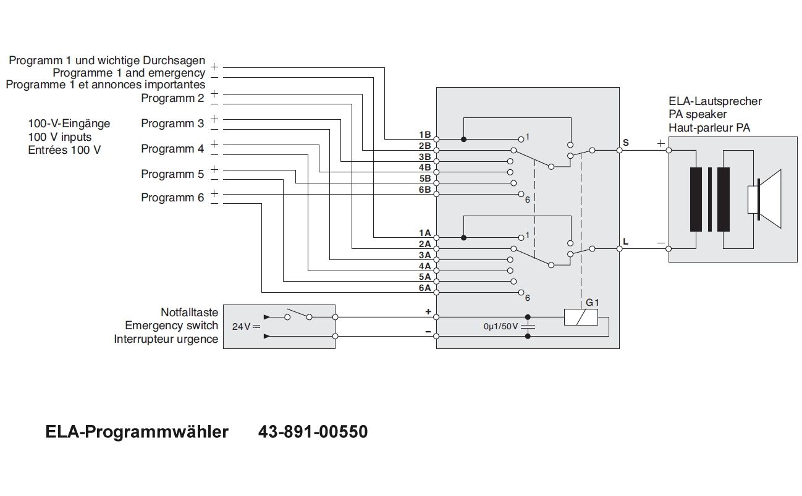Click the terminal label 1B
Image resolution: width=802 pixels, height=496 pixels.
424,135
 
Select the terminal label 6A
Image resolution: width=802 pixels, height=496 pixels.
424,288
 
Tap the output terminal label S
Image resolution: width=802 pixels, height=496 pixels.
626,143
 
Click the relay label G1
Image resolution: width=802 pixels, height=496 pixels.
593,303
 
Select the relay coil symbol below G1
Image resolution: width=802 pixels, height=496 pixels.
581,317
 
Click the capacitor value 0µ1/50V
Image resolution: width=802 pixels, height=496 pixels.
500,326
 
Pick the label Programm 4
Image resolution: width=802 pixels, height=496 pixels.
172,149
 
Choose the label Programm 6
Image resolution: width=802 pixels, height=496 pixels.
172,198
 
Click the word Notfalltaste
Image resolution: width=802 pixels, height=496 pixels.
189,313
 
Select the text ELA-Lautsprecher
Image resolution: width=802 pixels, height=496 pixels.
715,101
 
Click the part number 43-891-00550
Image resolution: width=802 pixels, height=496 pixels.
313,432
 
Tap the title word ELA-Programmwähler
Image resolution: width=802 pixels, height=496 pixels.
137,432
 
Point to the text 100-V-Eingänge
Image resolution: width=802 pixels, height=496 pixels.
69,124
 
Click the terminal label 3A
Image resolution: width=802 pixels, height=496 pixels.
424,255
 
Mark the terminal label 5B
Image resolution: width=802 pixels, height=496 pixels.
424,179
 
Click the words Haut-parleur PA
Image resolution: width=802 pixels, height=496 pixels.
709,128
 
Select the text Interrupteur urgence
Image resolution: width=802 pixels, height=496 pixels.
166,339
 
